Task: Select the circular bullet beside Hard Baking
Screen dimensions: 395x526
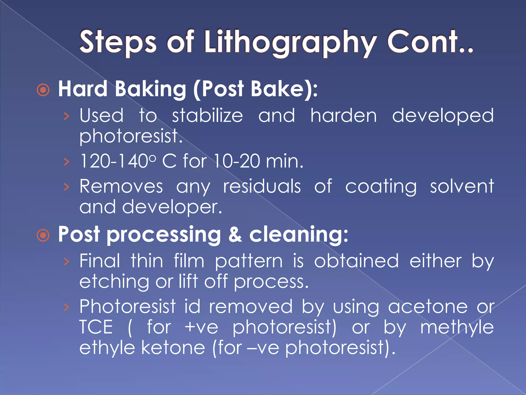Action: tap(43, 90)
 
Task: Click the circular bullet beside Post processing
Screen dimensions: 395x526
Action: tap(43, 235)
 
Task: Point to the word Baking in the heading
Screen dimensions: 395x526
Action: tap(151, 89)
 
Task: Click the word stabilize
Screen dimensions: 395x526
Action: tap(207, 115)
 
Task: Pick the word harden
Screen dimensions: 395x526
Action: tap(343, 115)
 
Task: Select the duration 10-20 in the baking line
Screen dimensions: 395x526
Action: tap(237, 161)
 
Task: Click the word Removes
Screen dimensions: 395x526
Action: tap(121, 186)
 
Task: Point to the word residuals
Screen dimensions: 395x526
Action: tap(262, 186)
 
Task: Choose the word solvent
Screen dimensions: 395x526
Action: tap(462, 186)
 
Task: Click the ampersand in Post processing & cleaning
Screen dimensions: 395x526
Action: tap(235, 235)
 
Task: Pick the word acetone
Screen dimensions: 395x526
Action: tap(428, 307)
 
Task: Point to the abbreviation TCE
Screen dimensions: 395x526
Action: tap(96, 327)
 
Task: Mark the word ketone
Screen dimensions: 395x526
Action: tap(173, 348)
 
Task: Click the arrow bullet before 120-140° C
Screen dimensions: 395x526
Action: tap(67, 162)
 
